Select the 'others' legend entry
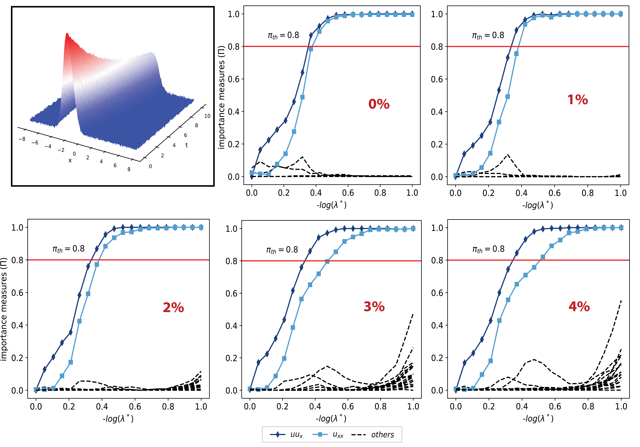click(x=373, y=434)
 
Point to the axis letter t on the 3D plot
click(x=186, y=145)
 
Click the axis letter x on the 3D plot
click(x=70, y=160)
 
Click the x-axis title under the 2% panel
click(x=118, y=419)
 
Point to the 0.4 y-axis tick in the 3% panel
click(x=231, y=326)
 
